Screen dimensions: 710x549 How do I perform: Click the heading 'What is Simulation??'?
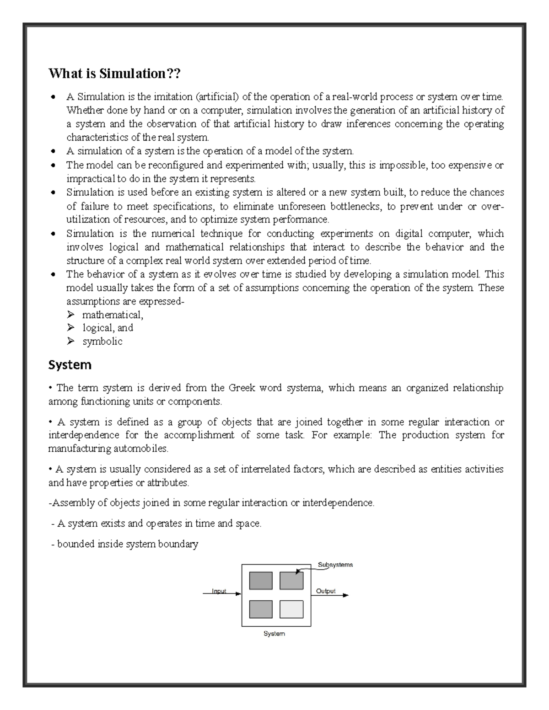[114, 73]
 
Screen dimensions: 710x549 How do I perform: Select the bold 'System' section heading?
[70, 365]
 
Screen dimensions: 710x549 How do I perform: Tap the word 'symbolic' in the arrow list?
[102, 342]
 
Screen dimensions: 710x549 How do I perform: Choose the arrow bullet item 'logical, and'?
[108, 328]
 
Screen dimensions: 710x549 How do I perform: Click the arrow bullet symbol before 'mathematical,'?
[70, 315]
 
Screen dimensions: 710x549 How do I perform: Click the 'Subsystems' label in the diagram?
[335, 565]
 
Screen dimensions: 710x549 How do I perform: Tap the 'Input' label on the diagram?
[219, 591]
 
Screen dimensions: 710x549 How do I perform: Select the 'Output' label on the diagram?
[326, 591]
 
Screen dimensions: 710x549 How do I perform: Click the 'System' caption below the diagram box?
[274, 634]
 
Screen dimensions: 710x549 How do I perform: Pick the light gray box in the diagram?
[291, 609]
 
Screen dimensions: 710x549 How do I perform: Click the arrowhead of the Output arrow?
[346, 595]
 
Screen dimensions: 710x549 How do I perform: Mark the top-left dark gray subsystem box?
[261, 581]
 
